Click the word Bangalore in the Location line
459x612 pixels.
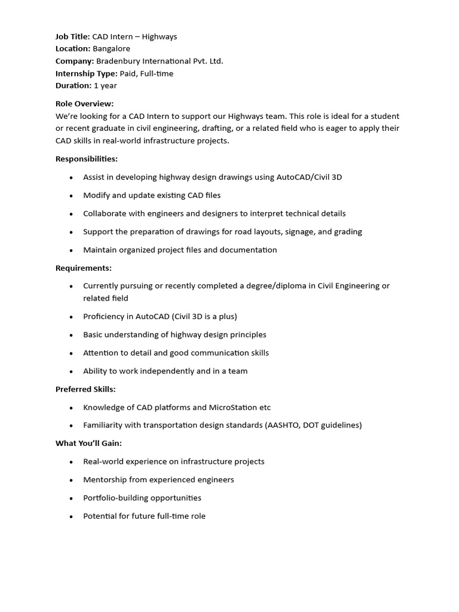pyautogui.click(x=111, y=49)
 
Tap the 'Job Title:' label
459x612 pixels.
pyautogui.click(x=73, y=36)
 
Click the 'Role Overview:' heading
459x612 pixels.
pyautogui.click(x=84, y=104)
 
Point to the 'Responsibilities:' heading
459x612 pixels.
pyautogui.click(x=87, y=159)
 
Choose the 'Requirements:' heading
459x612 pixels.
pyautogui.click(x=84, y=268)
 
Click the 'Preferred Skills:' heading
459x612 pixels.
pyautogui.click(x=85, y=390)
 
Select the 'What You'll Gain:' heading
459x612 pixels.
pyautogui.click(x=88, y=443)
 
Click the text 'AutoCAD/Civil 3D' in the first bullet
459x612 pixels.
pyautogui.click(x=309, y=178)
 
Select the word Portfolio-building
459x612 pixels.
pyautogui.click(x=117, y=498)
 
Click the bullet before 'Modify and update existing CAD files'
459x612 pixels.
pyautogui.click(x=71, y=195)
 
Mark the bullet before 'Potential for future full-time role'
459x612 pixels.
pyautogui.click(x=71, y=516)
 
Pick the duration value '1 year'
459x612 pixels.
pyautogui.click(x=105, y=85)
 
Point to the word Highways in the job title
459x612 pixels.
pyautogui.click(x=160, y=36)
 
